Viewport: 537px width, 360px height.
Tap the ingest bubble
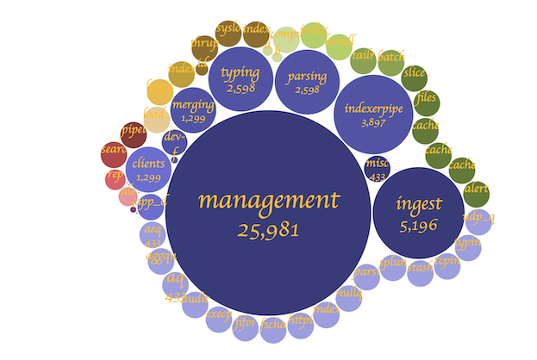pyautogui.click(x=419, y=211)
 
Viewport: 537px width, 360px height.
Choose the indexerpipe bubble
pyautogui.click(x=373, y=114)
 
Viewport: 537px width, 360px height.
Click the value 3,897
pyautogui.click(x=373, y=122)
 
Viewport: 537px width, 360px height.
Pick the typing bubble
pyautogui.click(x=240, y=79)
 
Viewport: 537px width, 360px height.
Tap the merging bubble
pyautogui.click(x=193, y=110)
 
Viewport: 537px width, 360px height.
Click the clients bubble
pyautogui.click(x=148, y=169)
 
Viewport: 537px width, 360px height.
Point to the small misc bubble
pyautogui.click(x=377, y=168)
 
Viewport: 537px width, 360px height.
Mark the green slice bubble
pyautogui.click(x=414, y=74)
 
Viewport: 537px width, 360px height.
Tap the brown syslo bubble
pyautogui.click(x=228, y=31)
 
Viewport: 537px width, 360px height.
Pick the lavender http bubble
pyautogui.click(x=300, y=321)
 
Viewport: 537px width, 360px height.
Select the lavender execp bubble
pyautogui.click(x=219, y=316)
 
